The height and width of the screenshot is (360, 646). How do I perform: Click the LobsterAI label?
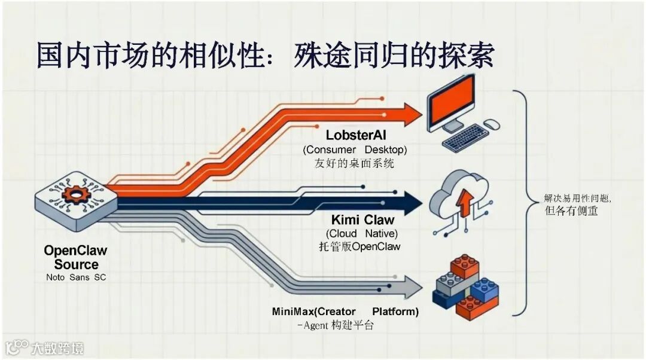[x=356, y=136]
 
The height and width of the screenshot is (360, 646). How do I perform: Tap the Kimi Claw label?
[x=362, y=219]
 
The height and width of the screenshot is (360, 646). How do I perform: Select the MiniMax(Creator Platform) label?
[x=345, y=312]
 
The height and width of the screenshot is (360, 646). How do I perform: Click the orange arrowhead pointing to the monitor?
[x=412, y=114]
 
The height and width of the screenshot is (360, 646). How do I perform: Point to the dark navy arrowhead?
[x=413, y=203]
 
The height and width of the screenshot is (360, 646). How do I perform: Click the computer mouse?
[x=492, y=124]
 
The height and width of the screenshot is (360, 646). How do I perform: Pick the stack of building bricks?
[x=465, y=288]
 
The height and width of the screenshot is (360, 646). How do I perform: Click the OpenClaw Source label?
[x=76, y=257]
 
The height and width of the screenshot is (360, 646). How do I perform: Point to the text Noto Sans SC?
[x=76, y=277]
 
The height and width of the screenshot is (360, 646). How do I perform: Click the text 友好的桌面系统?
[x=354, y=163]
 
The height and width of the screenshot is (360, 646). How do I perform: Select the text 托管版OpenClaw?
[x=359, y=246]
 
